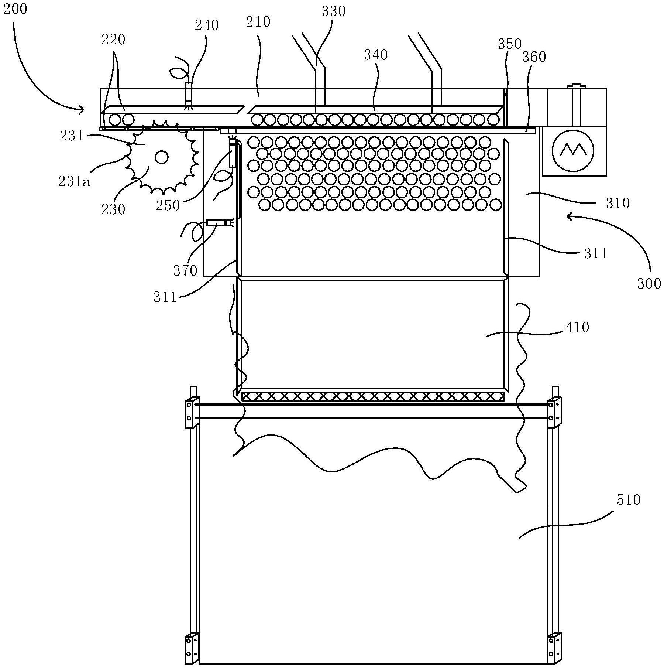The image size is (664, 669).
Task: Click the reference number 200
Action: (x=15, y=9)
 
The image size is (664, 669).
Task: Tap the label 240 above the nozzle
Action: (x=207, y=25)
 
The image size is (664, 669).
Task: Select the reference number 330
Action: (x=334, y=11)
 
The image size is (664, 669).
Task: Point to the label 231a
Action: (x=74, y=182)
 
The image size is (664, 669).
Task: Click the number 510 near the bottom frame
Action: (x=628, y=500)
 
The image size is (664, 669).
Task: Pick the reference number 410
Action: (x=577, y=327)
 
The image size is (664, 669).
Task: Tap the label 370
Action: (x=185, y=271)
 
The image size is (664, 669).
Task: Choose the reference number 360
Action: (x=534, y=57)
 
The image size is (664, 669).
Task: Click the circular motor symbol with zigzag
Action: (x=573, y=150)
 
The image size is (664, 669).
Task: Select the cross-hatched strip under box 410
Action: (x=373, y=397)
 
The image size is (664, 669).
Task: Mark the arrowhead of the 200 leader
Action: (x=82, y=109)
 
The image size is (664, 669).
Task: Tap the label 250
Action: (x=168, y=205)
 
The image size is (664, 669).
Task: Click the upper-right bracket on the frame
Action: (x=554, y=412)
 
